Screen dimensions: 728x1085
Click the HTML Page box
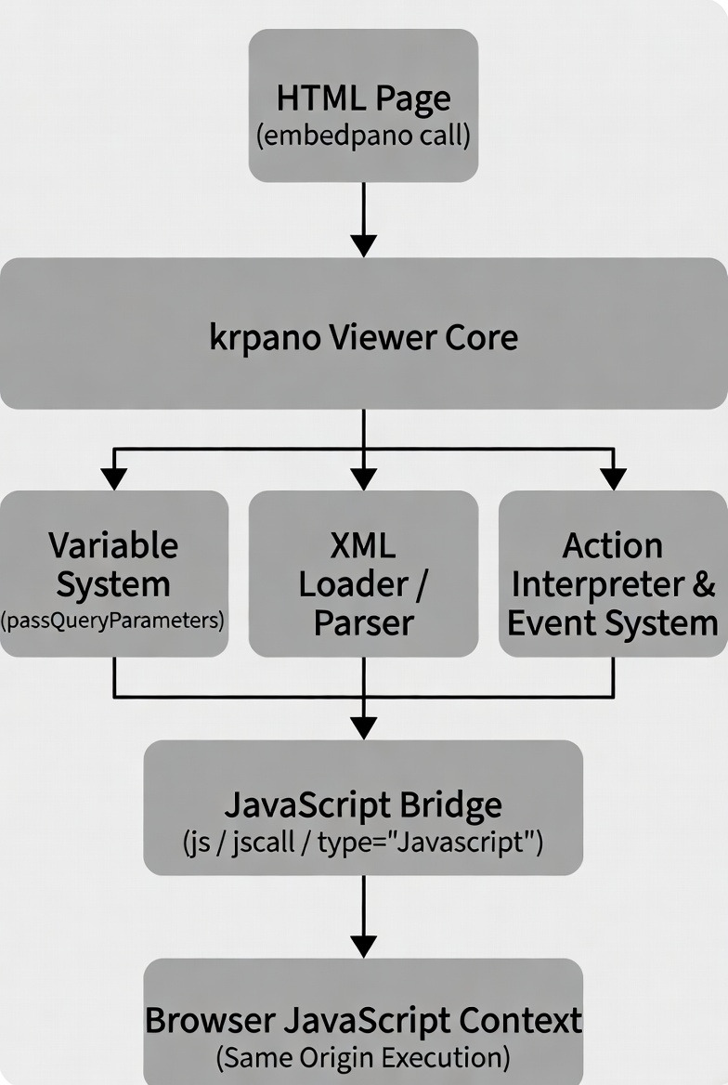pos(363,105)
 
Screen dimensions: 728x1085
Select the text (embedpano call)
pos(363,136)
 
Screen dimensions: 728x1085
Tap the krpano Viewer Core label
pos(363,338)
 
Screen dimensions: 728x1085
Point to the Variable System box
pos(114,574)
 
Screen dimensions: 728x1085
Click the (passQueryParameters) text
pos(112,620)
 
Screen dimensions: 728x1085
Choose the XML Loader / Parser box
pos(363,574)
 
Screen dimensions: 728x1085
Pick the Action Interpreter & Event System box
pos(613,574)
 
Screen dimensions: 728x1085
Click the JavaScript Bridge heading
pos(363,804)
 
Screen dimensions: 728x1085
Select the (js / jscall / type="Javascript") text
pos(363,843)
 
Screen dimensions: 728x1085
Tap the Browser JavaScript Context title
pos(363,1020)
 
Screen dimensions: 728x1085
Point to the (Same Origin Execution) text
pos(363,1057)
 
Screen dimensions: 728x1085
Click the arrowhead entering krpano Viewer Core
pos(363,246)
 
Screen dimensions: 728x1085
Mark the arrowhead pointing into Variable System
pos(114,478)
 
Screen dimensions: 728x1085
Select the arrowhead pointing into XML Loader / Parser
pos(363,478)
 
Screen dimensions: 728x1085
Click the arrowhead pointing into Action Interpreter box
pos(613,478)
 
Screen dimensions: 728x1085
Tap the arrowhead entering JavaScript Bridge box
pos(363,728)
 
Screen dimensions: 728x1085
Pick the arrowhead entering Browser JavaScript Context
pos(363,947)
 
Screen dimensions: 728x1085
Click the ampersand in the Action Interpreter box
pos(703,584)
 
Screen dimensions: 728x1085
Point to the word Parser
pos(363,622)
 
